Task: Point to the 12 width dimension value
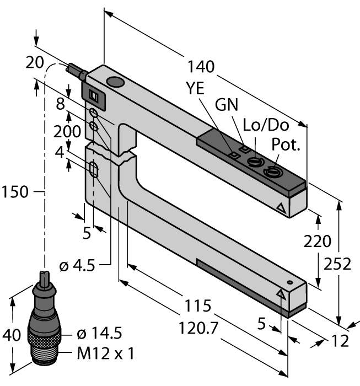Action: point(341,341)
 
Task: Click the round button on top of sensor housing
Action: point(115,83)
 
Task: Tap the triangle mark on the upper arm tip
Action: point(282,209)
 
